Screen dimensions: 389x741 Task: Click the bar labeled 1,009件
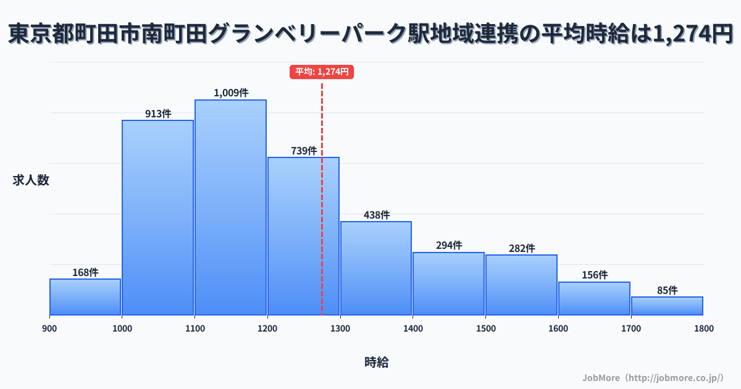(x=230, y=207)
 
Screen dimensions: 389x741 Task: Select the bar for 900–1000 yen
(x=85, y=297)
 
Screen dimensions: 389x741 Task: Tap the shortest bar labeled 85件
(x=667, y=306)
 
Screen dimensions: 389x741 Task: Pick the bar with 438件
(x=376, y=268)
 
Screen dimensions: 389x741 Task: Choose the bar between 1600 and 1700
(x=594, y=298)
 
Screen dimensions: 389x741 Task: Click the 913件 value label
(x=158, y=114)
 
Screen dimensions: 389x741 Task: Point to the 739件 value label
(x=303, y=151)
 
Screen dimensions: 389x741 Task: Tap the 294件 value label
(x=449, y=245)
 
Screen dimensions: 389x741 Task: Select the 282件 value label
(x=521, y=248)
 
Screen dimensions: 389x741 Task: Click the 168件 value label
(x=85, y=272)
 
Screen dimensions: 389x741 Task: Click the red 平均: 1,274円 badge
(x=322, y=72)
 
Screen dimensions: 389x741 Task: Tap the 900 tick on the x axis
(x=49, y=328)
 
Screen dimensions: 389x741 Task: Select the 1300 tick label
(x=340, y=328)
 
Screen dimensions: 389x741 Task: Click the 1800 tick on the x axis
(x=703, y=328)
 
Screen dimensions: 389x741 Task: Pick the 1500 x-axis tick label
(x=485, y=328)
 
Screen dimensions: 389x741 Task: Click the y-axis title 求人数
(x=31, y=180)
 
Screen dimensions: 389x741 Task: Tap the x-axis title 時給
(x=376, y=362)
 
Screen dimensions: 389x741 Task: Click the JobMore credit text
(x=653, y=377)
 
